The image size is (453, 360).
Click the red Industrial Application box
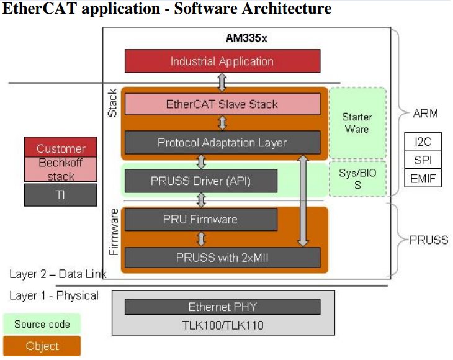point(222,61)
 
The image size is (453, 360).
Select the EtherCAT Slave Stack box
point(222,104)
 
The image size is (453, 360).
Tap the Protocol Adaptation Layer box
point(222,143)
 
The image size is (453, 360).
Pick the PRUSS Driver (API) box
point(200,181)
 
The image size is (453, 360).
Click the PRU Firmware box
point(200,219)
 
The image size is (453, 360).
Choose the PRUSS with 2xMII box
point(222,257)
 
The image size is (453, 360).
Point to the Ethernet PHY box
point(222,307)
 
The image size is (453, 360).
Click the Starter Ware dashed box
point(357,123)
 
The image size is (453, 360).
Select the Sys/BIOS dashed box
point(357,179)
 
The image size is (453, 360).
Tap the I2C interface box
point(423,142)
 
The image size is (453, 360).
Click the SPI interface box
point(423,160)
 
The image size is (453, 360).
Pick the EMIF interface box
point(423,179)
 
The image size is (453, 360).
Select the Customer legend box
point(61,148)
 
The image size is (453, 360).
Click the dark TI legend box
point(61,194)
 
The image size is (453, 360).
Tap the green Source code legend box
point(42,323)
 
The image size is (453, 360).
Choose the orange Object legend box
point(42,346)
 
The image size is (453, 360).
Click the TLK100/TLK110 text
point(222,325)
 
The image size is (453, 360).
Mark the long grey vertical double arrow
point(303,201)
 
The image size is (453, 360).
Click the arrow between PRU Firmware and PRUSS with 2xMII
point(200,238)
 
